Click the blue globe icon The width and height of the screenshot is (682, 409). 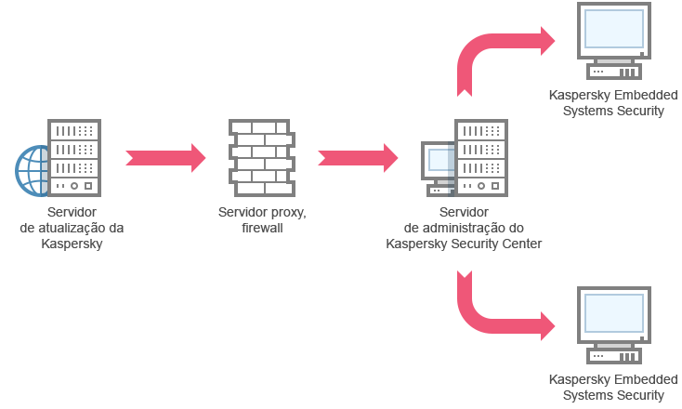click(32, 170)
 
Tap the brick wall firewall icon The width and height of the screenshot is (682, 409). click(261, 156)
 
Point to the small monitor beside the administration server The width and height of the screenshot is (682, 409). click(439, 163)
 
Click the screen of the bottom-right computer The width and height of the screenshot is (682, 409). click(613, 313)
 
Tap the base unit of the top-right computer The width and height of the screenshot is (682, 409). click(613, 71)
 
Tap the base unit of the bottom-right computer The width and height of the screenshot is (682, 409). click(613, 354)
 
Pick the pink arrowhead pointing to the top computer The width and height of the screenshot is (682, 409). click(552, 41)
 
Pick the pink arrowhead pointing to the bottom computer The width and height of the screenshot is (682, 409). click(552, 326)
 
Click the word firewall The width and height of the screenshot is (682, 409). click(261, 228)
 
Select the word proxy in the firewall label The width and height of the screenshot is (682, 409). click(286, 212)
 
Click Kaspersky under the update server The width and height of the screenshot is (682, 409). click(72, 244)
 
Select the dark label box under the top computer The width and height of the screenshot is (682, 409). click(610, 103)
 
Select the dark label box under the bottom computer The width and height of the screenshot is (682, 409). click(610, 388)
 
